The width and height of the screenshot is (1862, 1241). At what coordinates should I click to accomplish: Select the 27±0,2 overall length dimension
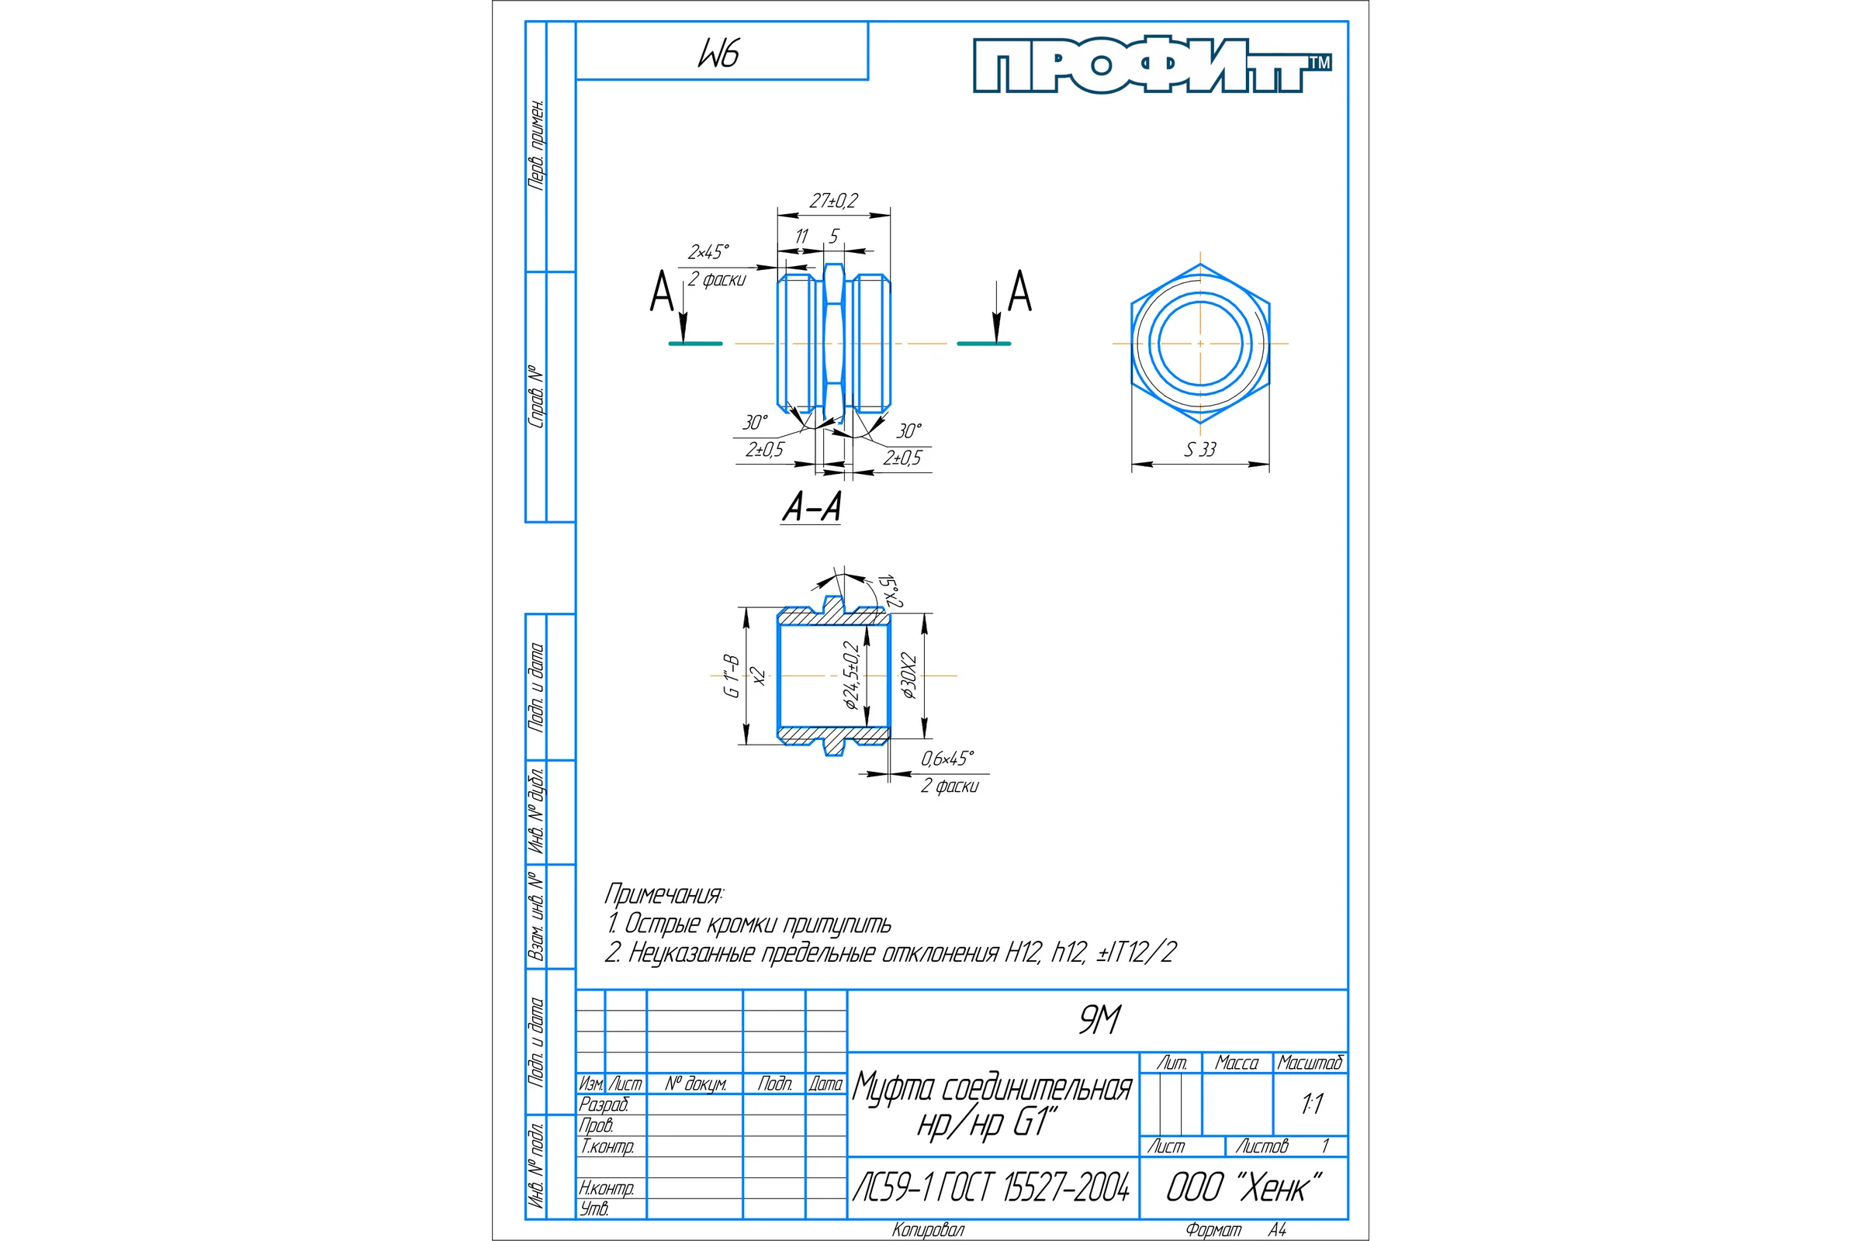833,201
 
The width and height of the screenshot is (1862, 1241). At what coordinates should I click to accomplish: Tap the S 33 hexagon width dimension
1200,450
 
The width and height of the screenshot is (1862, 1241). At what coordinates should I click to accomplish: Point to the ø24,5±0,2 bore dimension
851,675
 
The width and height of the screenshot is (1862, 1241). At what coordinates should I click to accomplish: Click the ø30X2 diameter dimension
909,676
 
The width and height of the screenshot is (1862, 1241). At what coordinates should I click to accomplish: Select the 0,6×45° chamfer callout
947,759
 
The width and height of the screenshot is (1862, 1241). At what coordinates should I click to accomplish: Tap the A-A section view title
812,506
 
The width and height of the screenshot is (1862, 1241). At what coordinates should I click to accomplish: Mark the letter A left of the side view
661,292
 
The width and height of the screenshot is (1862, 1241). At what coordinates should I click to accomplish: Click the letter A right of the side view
1019,292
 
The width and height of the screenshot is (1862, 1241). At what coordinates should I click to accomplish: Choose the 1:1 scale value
1312,1104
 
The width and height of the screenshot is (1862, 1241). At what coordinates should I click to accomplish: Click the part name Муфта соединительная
992,1089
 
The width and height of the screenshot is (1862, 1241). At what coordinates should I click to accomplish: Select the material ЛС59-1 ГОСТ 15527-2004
992,1187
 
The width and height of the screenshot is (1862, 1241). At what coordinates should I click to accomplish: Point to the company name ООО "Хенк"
1244,1187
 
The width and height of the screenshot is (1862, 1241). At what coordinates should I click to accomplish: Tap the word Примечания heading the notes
663,894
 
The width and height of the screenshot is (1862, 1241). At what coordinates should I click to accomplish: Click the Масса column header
1237,1063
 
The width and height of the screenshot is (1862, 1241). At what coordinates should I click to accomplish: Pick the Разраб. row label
604,1104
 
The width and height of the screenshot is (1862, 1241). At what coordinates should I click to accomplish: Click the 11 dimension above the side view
801,237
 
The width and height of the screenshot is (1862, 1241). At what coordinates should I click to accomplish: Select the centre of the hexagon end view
1200,344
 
